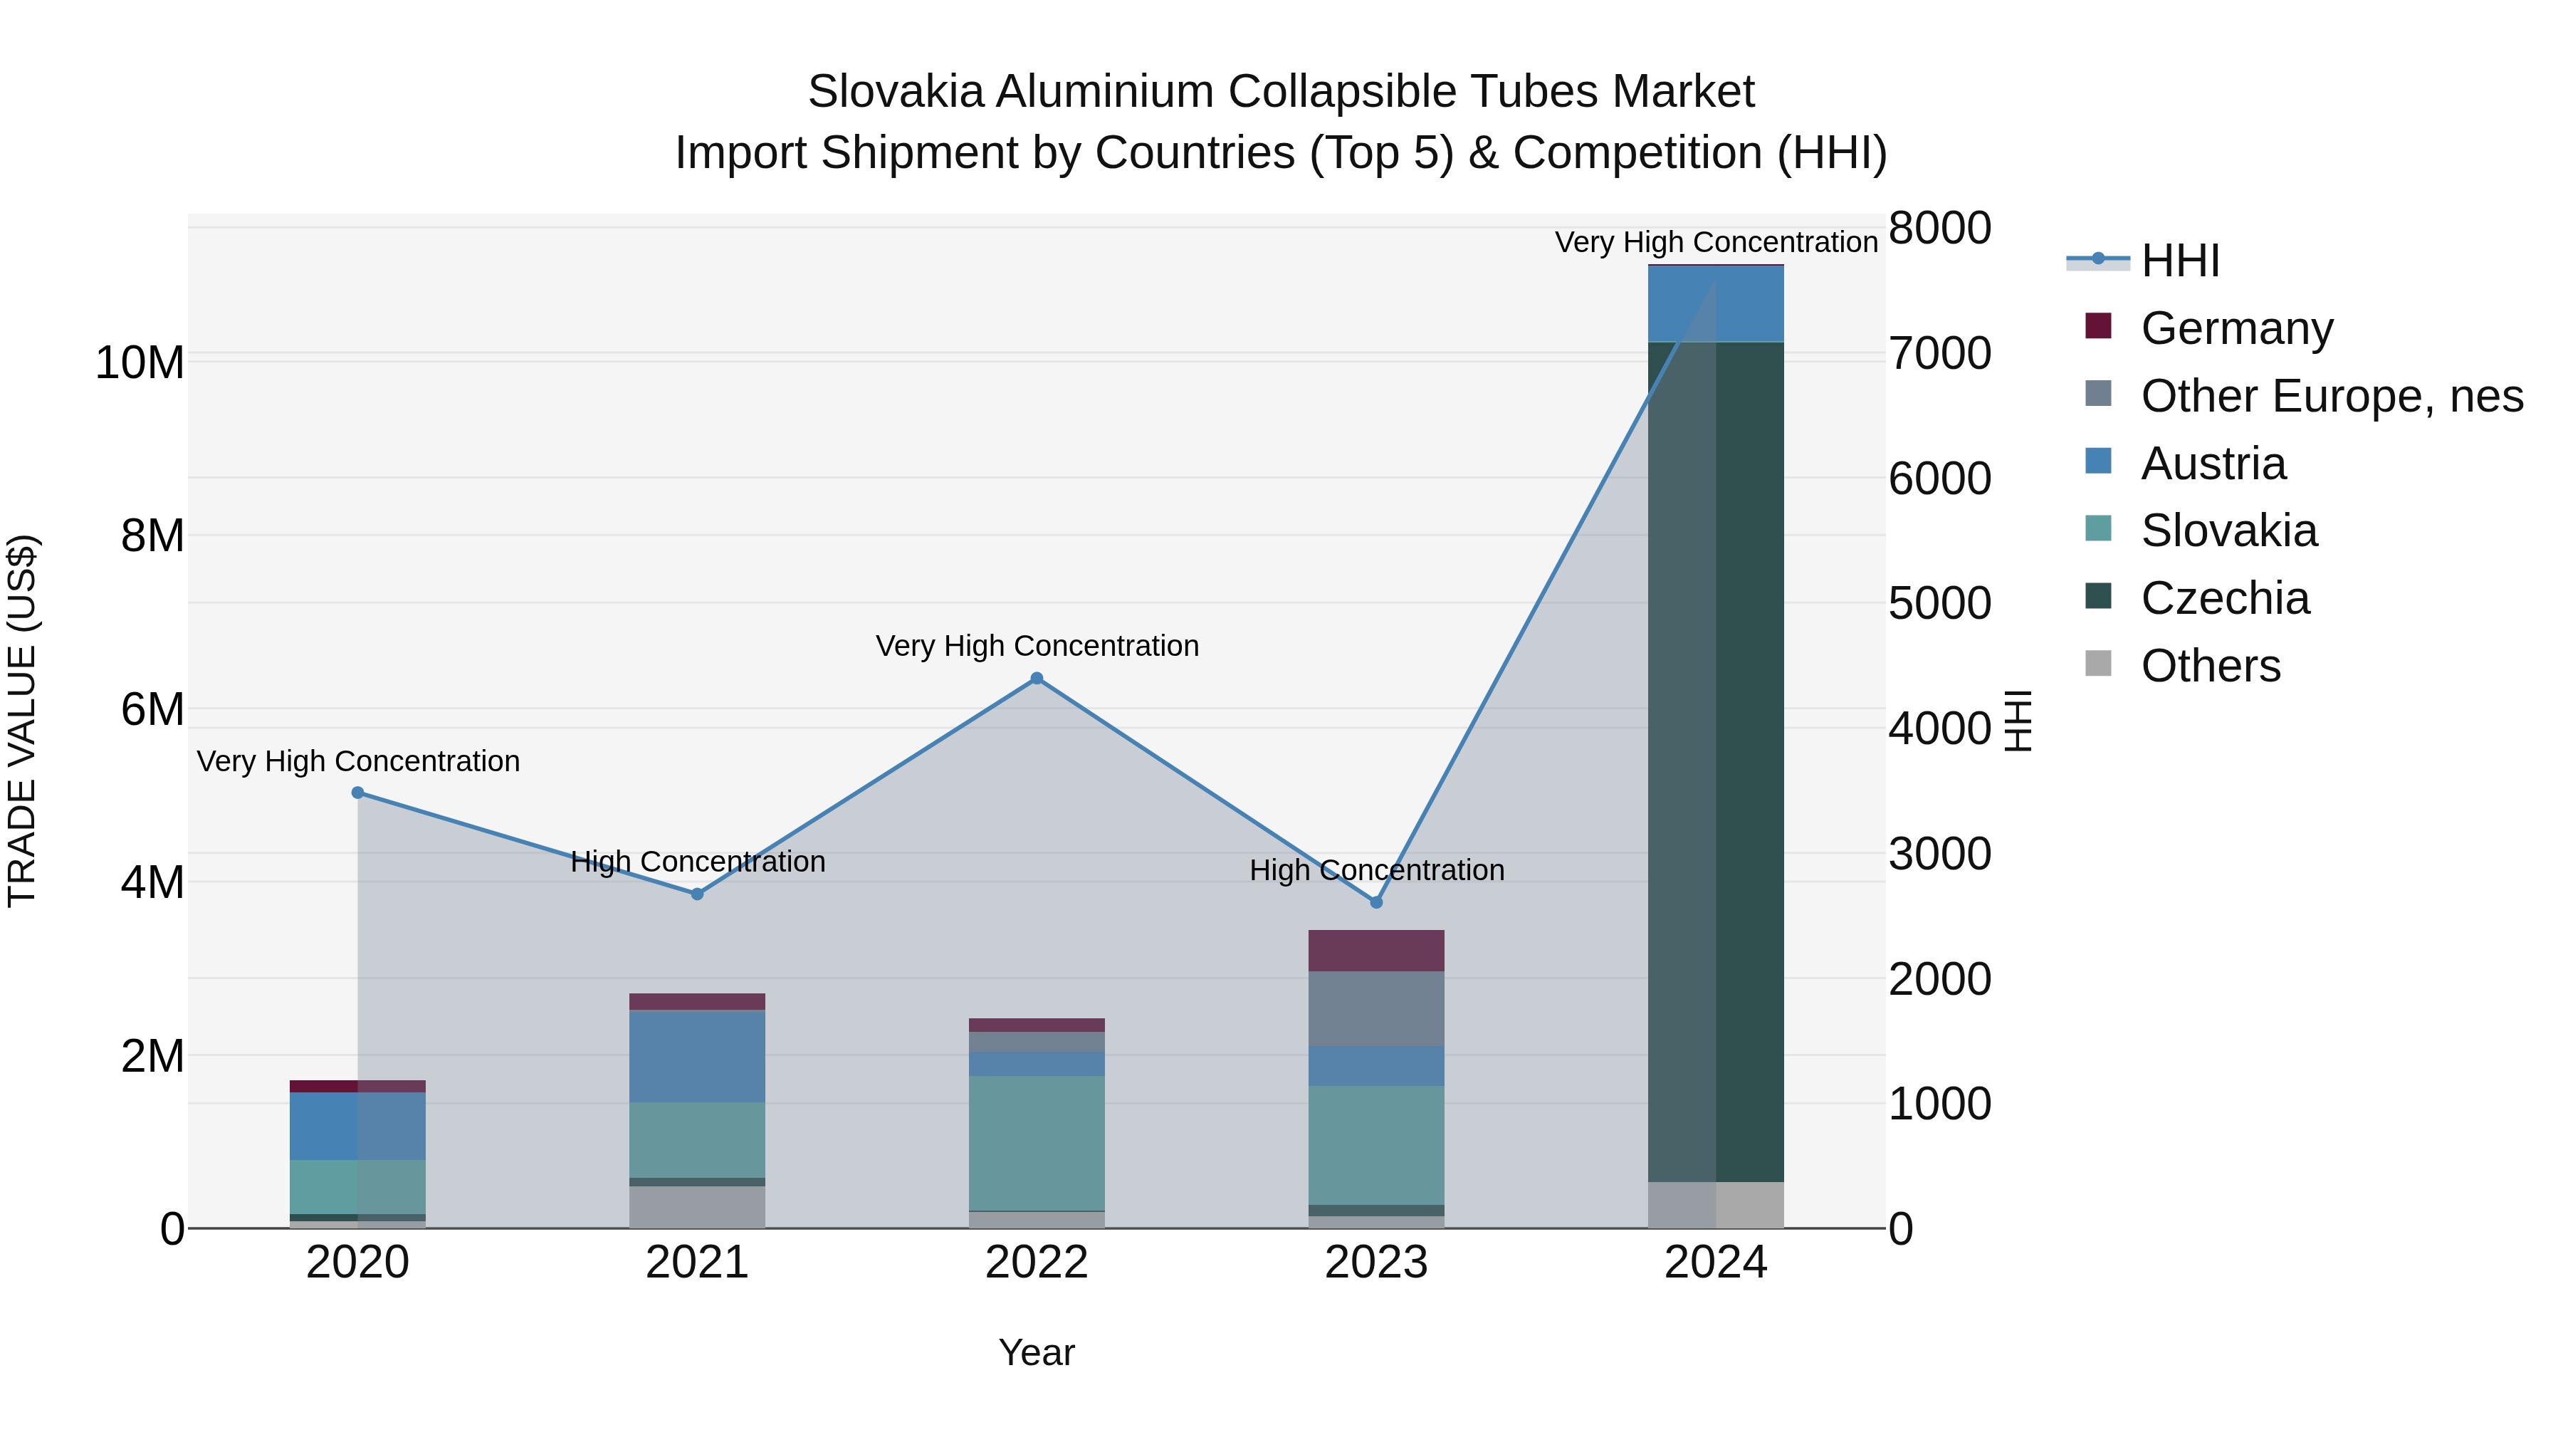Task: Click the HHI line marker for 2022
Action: coord(1037,679)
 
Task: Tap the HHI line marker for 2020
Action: coord(358,793)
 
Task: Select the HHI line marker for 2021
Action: coord(698,894)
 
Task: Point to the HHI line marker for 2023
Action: coord(1377,903)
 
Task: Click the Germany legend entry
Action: coord(2236,328)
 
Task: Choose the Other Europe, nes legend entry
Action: coord(2331,396)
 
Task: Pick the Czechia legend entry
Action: coord(2225,598)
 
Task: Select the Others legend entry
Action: coord(2210,666)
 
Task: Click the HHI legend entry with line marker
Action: coord(2179,261)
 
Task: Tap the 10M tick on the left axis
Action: coord(140,363)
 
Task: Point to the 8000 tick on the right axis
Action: coord(1940,228)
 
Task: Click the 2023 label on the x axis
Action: coord(1376,1263)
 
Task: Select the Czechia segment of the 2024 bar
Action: coord(1716,761)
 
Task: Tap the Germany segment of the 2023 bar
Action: coord(1376,951)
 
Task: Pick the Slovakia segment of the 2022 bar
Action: coord(1037,1142)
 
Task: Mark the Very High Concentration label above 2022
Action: coord(1037,647)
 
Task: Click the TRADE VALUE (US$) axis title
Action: coord(22,721)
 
